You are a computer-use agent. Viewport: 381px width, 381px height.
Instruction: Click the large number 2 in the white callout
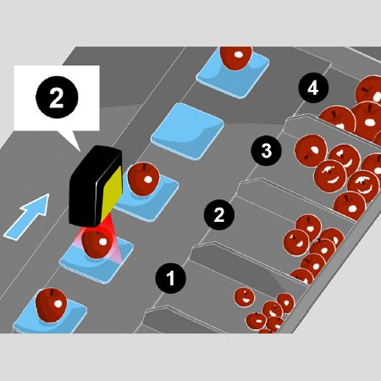(x=57, y=97)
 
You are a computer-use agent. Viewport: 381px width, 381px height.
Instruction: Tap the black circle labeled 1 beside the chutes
(x=170, y=278)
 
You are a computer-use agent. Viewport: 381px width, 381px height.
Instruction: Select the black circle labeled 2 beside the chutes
(x=219, y=215)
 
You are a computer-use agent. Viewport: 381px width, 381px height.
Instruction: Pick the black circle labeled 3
(x=267, y=151)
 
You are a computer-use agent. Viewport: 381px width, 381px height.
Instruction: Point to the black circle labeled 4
(x=313, y=88)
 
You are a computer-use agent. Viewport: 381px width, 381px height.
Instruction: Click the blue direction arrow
(x=28, y=216)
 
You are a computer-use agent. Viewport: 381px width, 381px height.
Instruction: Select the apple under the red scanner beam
(x=97, y=244)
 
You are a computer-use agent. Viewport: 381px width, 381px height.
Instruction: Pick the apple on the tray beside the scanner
(x=143, y=179)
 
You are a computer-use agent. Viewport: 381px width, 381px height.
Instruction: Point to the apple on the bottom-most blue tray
(x=51, y=305)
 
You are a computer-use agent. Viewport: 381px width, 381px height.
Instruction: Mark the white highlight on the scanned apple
(x=102, y=242)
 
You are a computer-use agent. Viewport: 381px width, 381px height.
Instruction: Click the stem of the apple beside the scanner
(x=146, y=167)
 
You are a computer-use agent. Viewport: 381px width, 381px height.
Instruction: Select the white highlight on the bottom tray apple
(x=58, y=304)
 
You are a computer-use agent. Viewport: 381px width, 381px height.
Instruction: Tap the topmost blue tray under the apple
(x=233, y=75)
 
